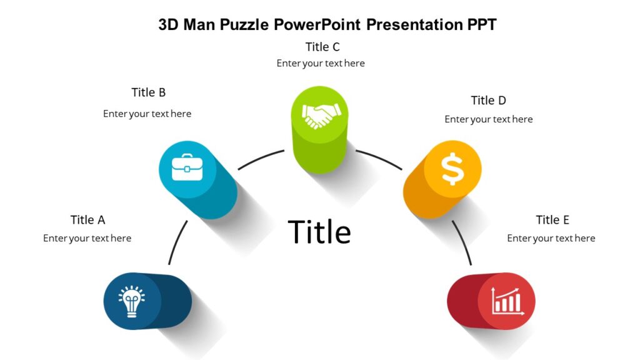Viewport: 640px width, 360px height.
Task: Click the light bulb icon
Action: pos(132,302)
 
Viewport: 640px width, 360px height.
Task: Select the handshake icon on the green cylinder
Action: pos(321,114)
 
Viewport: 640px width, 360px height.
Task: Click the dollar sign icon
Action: pos(452,169)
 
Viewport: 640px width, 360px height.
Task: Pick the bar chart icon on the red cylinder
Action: pos(507,301)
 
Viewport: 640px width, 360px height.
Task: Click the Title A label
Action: pos(87,220)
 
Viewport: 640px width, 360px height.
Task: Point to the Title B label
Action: pos(149,92)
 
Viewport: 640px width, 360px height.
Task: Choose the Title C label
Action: pos(322,47)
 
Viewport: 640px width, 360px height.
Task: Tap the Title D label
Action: pos(488,101)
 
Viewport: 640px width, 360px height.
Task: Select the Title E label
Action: pos(552,220)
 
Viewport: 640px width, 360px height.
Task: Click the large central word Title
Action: pos(319,232)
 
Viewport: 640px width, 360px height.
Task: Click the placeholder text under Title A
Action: pos(87,238)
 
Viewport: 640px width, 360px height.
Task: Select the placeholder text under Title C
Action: pos(321,63)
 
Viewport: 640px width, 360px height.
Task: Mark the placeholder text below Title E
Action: pos(551,238)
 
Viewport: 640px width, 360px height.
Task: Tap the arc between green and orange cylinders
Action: pos(379,158)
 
